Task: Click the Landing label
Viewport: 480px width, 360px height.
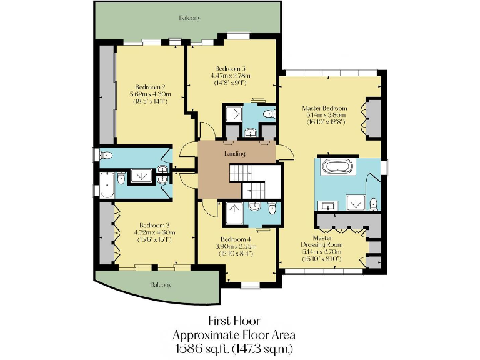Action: pyautogui.click(x=235, y=154)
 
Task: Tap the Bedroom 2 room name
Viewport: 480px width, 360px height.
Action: pyautogui.click(x=150, y=87)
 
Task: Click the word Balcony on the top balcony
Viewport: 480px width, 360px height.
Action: pyautogui.click(x=189, y=18)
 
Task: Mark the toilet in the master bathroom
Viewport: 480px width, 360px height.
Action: pyautogui.click(x=372, y=203)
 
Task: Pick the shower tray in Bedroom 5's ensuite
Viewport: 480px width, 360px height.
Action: pyautogui.click(x=236, y=113)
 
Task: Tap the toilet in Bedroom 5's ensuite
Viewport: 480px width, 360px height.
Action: pyautogui.click(x=268, y=114)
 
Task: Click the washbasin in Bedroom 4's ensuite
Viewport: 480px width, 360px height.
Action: pyautogui.click(x=254, y=207)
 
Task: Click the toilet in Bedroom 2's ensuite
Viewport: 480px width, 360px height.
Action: pyautogui.click(x=106, y=155)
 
